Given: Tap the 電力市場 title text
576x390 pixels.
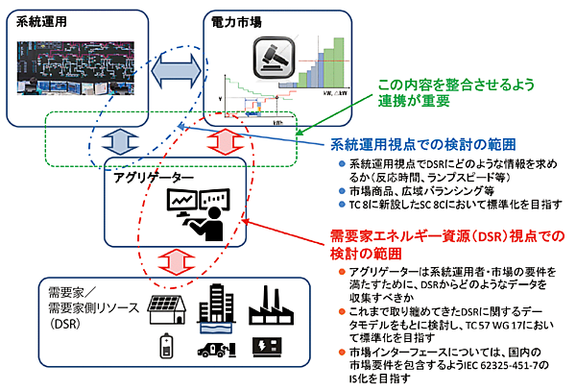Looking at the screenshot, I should pos(234,20).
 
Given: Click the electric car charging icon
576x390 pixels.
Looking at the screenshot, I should pos(217,352).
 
